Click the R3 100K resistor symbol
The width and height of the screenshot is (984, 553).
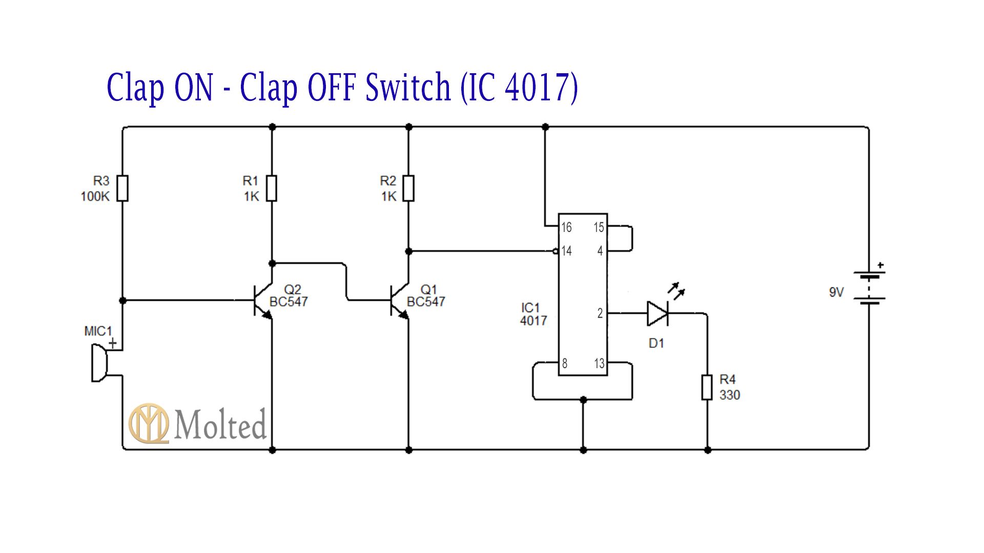[122, 188]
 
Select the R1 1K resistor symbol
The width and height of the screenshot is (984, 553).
[272, 188]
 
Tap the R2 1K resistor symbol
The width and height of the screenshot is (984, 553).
[408, 188]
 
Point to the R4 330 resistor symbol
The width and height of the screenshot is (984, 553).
[707, 387]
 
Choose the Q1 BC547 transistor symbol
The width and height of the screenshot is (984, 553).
[399, 301]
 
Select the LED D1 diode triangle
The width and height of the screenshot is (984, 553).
[658, 313]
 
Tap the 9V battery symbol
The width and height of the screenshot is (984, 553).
[869, 288]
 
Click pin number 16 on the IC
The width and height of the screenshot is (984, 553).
[566, 227]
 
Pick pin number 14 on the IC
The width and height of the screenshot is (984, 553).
[566, 251]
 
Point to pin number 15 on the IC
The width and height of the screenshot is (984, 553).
[599, 227]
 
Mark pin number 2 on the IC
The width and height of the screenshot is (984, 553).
[600, 313]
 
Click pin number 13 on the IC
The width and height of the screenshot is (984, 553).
[599, 364]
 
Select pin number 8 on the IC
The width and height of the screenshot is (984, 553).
[565, 364]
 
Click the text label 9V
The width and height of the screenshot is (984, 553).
[836, 292]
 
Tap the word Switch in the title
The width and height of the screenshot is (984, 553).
[408, 87]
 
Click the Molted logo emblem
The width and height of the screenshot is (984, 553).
[149, 423]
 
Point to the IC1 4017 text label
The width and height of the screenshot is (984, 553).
[534, 314]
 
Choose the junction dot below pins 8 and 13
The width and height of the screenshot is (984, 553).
[583, 399]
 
